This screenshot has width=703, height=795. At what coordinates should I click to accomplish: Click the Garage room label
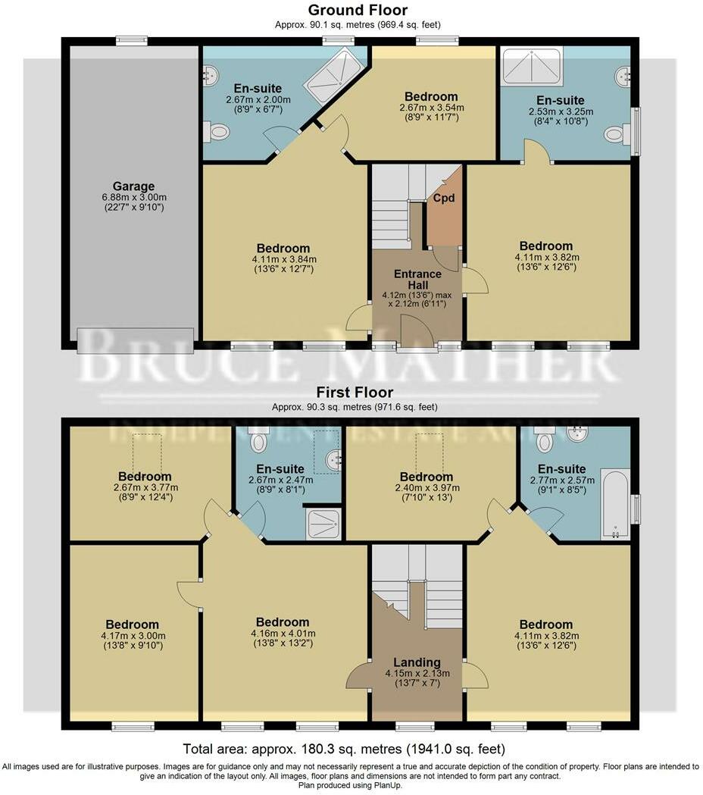(133, 186)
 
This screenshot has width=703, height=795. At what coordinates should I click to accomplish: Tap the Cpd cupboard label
(443, 197)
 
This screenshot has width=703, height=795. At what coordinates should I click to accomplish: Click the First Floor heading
(356, 393)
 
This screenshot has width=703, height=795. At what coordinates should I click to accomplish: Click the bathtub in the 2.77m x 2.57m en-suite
(615, 503)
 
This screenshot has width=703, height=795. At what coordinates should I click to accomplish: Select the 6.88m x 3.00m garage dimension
(133, 202)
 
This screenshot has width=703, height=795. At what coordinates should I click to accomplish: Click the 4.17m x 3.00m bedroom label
(133, 624)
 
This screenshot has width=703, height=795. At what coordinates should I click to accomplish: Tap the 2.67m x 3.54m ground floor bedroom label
(430, 96)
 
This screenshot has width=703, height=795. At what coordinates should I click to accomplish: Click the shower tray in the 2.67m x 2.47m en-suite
(323, 524)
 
